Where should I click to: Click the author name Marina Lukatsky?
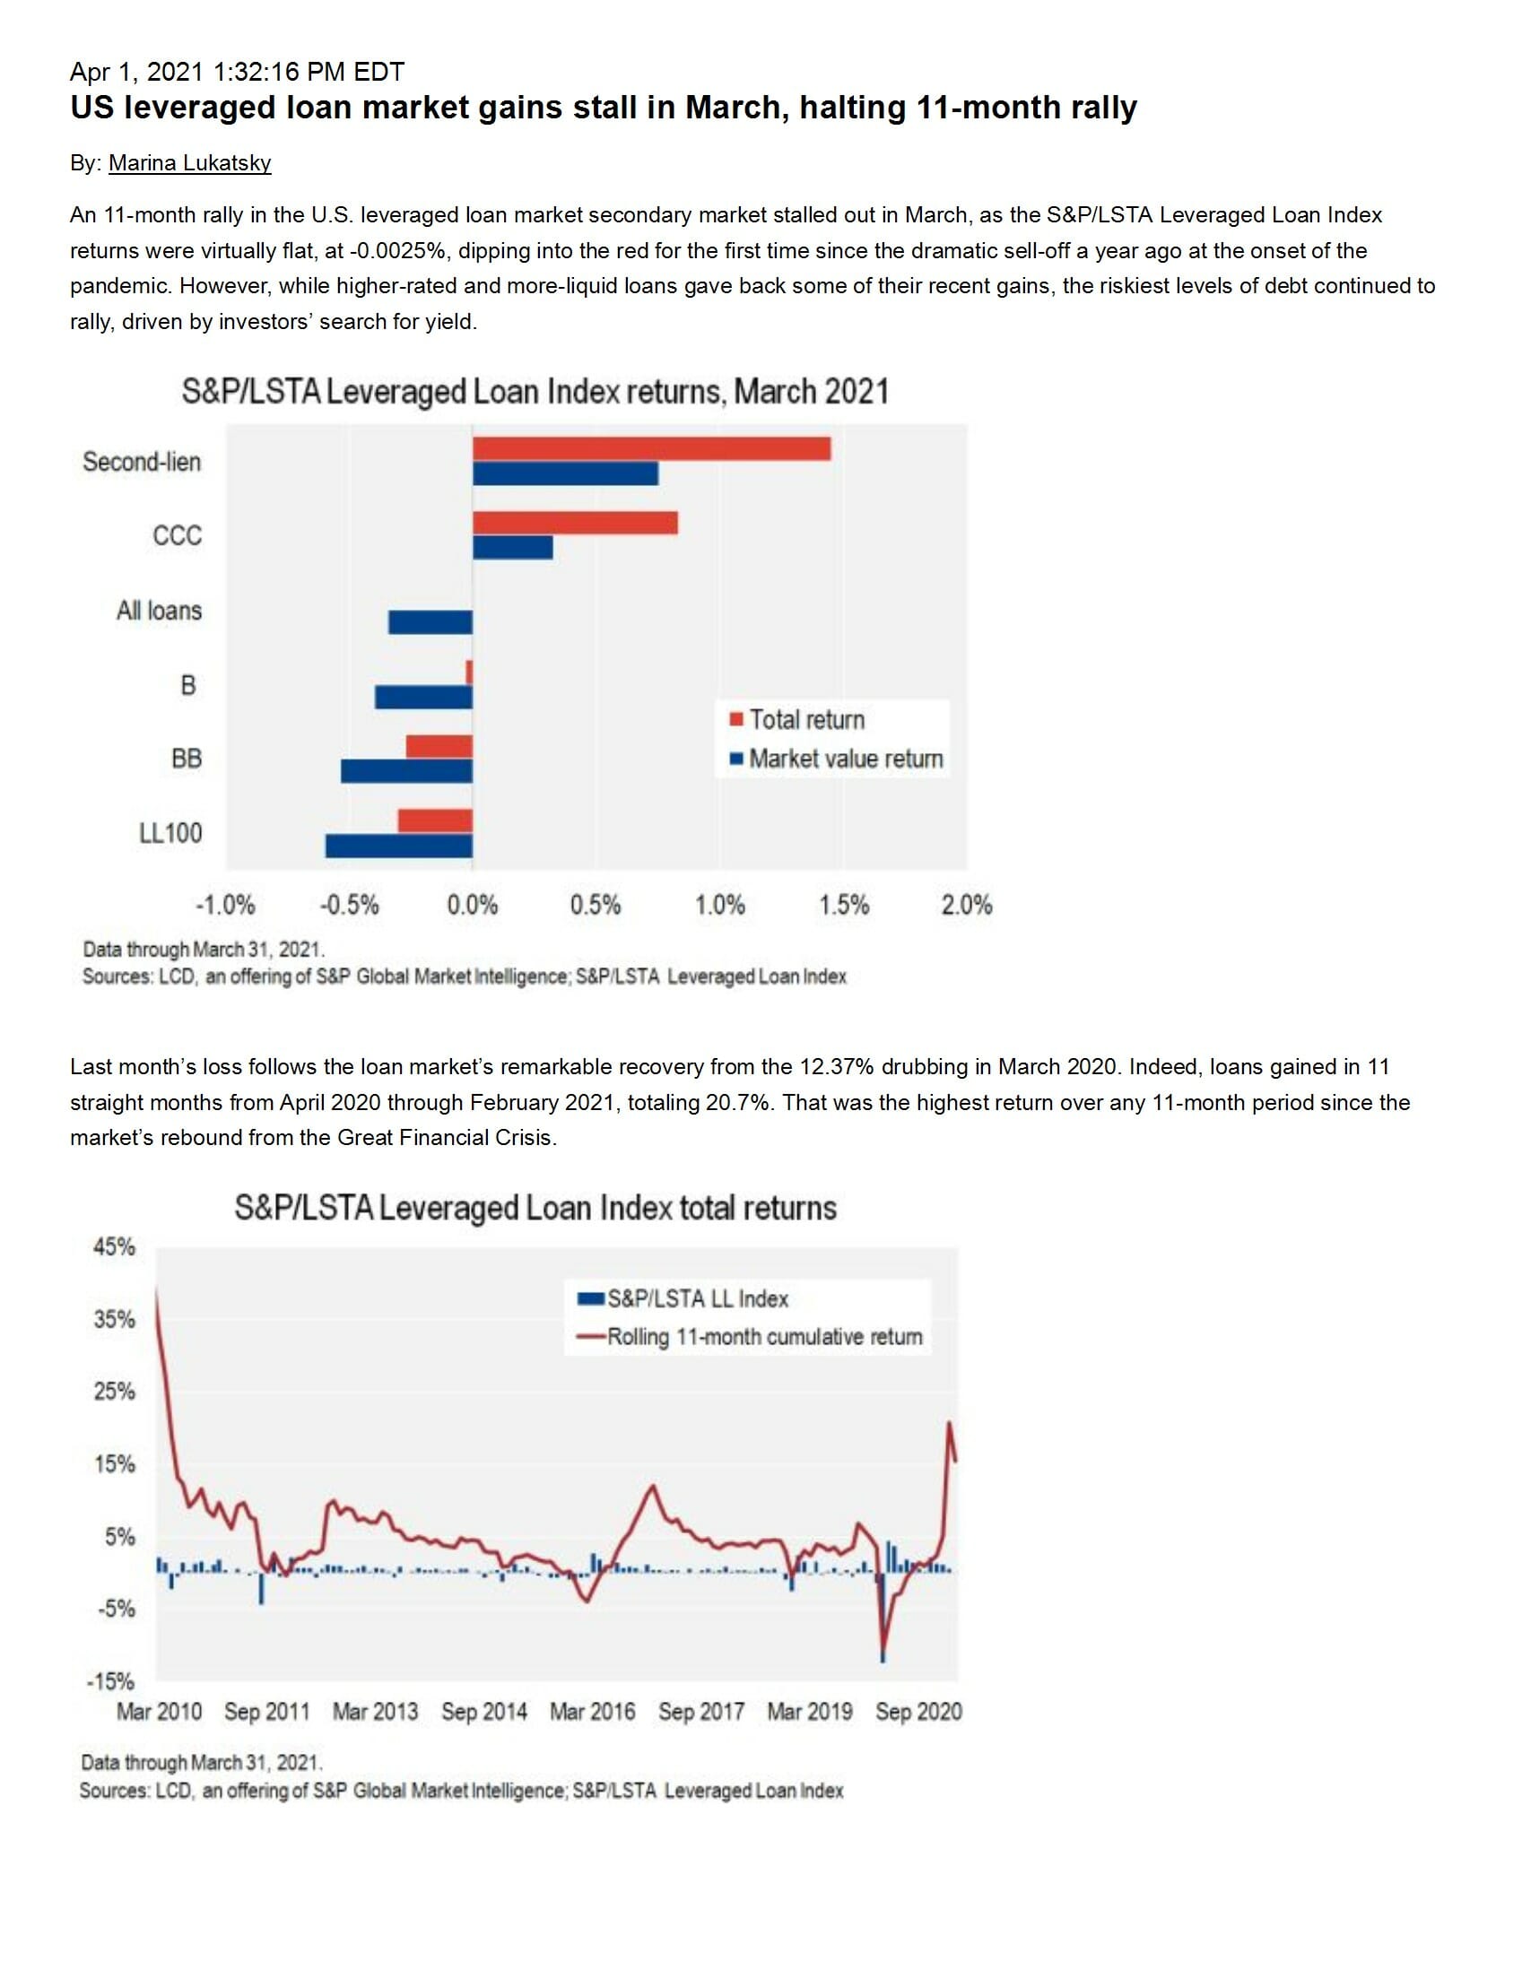189,163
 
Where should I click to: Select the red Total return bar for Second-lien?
650,448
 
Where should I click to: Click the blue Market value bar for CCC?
512,548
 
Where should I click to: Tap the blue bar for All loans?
431,622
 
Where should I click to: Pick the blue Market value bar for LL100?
399,846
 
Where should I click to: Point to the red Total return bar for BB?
439,746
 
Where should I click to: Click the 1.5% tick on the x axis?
844,905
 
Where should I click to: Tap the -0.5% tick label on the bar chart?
349,905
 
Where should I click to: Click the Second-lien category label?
142,462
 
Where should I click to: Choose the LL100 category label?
170,832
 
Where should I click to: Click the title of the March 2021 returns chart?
535,392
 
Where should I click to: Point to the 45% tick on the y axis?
114,1246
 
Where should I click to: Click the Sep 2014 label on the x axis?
483,1711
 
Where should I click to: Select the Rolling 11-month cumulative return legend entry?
764,1336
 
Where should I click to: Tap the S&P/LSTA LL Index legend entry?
697,1298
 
